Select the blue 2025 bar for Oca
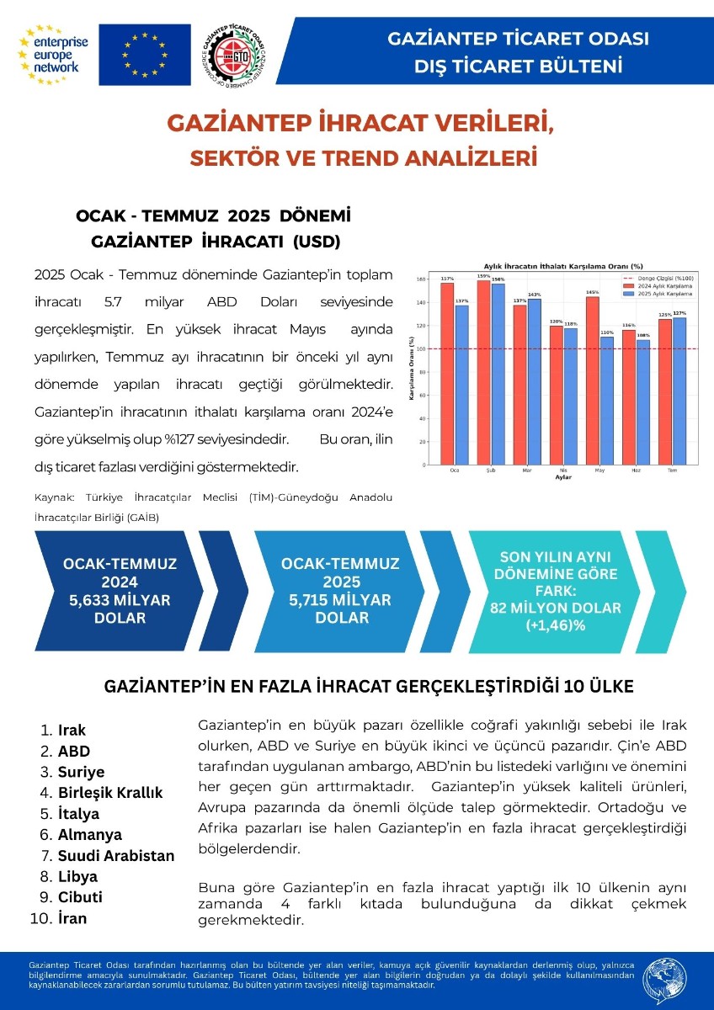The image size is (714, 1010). pos(461,384)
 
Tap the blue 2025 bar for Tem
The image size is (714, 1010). pos(679,391)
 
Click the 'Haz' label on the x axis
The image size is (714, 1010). pos(636,470)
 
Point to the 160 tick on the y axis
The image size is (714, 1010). pos(422,279)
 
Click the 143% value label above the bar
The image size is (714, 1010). pos(533,295)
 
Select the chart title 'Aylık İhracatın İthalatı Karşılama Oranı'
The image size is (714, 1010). pos(561,266)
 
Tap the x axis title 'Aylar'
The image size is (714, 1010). pos(563,477)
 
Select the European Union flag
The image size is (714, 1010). pos(145,55)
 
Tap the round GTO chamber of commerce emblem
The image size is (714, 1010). pos(237,56)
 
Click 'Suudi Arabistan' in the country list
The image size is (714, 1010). pos(116,856)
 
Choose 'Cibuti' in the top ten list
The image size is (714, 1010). pos(80,897)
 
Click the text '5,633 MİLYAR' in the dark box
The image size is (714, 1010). pos(117,600)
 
